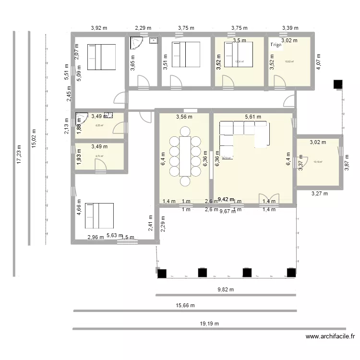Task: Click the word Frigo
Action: point(276,45)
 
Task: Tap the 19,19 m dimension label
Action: point(209,324)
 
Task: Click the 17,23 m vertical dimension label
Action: point(19,154)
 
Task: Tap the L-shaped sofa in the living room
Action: point(242,134)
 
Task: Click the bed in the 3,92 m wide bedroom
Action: point(101,57)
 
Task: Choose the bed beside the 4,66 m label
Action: point(99,215)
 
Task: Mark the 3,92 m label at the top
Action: point(99,28)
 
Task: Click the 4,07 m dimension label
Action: point(318,62)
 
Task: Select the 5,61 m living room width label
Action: point(252,117)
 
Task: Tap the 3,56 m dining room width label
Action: point(184,117)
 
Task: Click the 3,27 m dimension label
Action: point(319,194)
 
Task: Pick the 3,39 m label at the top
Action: point(290,28)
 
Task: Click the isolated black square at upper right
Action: point(338,84)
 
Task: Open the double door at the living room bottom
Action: point(265,198)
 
